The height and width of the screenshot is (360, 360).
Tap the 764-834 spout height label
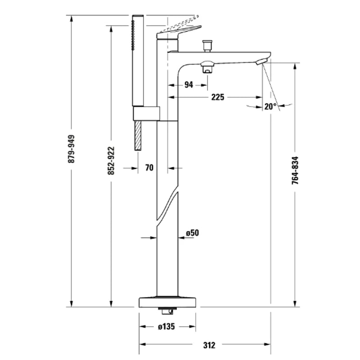pos(295,171)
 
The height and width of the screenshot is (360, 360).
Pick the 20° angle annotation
pos(270,107)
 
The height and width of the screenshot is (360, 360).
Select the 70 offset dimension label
pos(149,168)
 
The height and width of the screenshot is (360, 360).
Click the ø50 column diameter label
pos(192,233)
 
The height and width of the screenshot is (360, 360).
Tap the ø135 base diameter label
pos(166,327)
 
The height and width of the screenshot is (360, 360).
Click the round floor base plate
pos(167,301)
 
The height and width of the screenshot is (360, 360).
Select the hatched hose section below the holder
pos(138,135)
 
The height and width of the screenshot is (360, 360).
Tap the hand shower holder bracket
pos(146,113)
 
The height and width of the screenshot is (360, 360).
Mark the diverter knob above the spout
pos(207,45)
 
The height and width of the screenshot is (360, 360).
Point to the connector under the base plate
pos(167,310)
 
